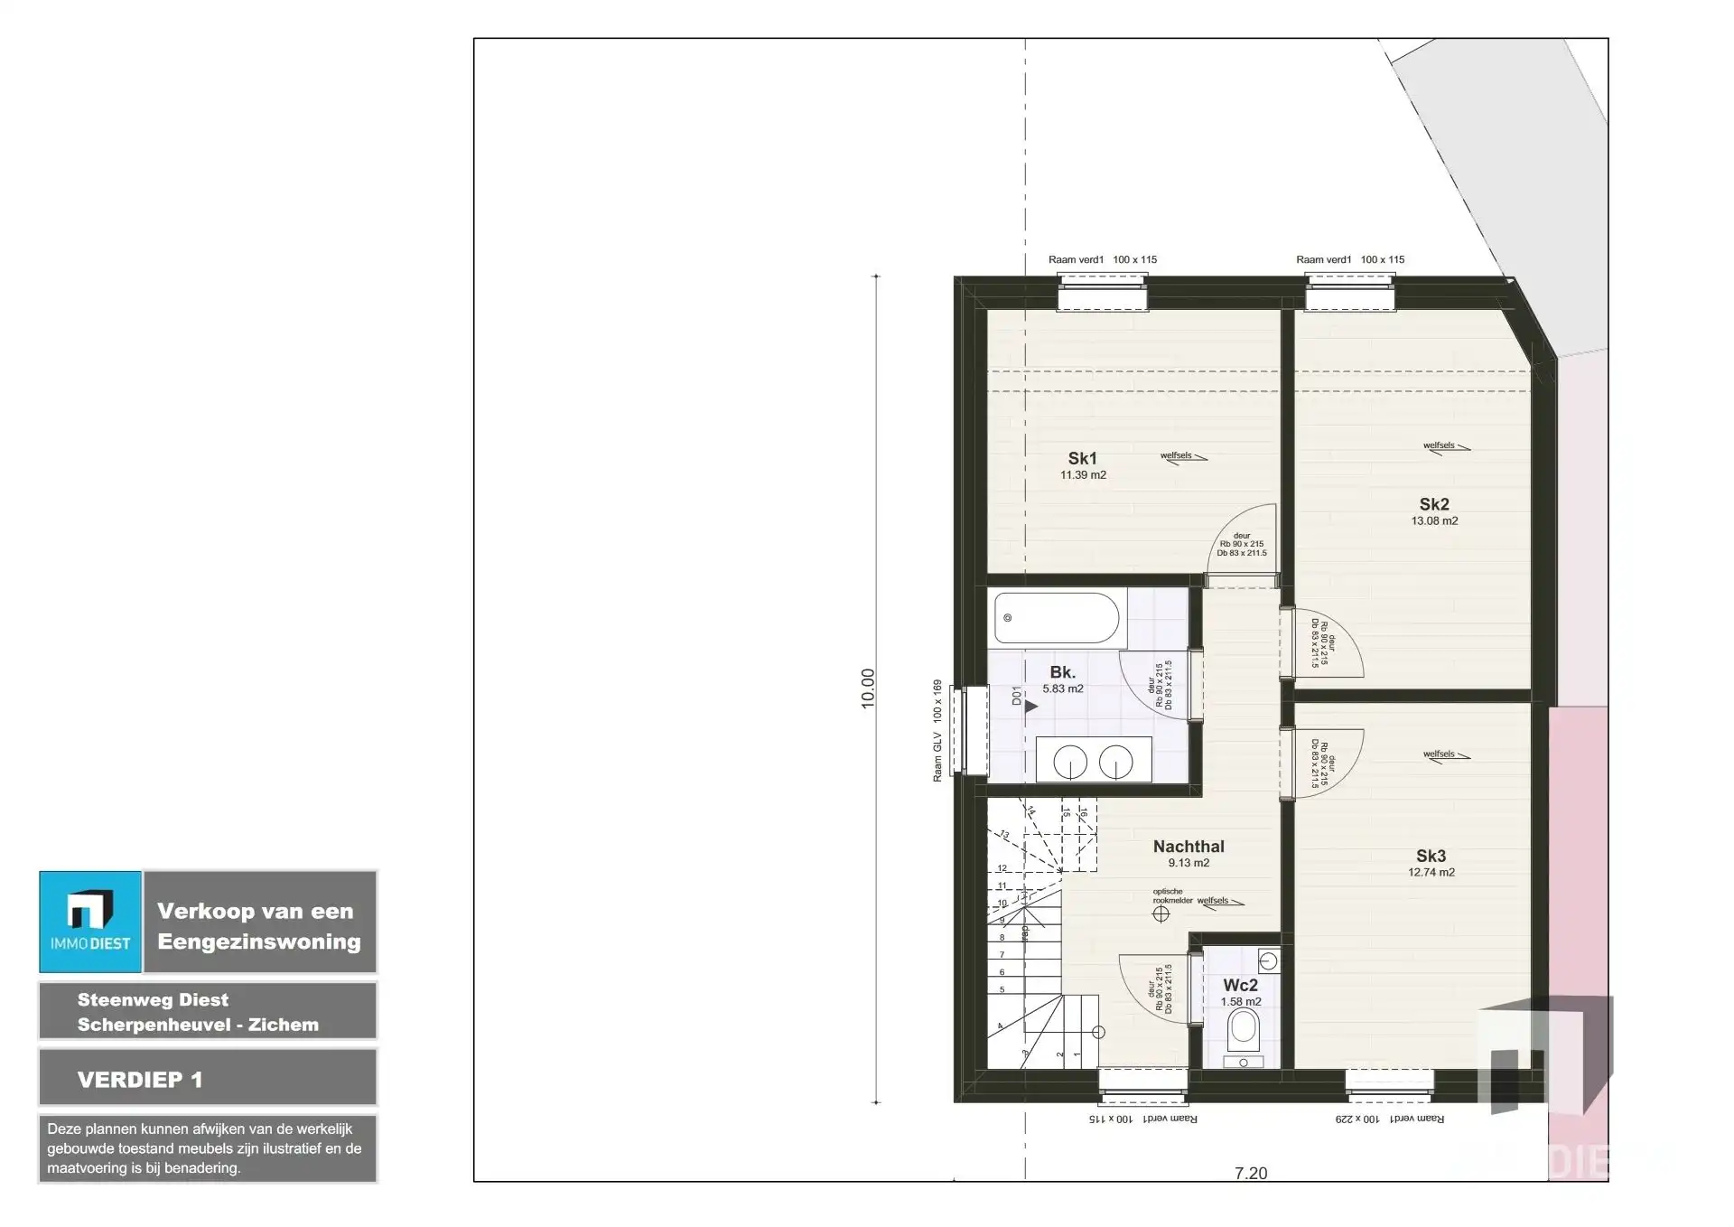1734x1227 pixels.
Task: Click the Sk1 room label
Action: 1082,459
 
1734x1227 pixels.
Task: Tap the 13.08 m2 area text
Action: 1434,521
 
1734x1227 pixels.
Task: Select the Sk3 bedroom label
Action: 1431,856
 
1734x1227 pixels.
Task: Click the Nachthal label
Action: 1189,847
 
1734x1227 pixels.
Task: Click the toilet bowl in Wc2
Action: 1244,1028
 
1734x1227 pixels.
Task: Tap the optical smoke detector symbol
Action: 1161,913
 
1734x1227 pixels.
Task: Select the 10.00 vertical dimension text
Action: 868,688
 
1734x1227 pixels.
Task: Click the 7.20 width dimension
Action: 1251,1174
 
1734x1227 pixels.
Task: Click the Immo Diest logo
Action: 90,922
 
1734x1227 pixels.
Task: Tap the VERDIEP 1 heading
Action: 140,1080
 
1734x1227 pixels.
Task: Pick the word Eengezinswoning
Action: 259,941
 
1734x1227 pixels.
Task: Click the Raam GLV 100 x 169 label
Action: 937,730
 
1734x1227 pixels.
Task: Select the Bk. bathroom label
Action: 1062,672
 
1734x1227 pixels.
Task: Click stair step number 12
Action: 1002,868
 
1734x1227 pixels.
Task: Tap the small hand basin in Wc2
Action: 1268,960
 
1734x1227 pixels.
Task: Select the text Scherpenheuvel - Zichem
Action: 198,1025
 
